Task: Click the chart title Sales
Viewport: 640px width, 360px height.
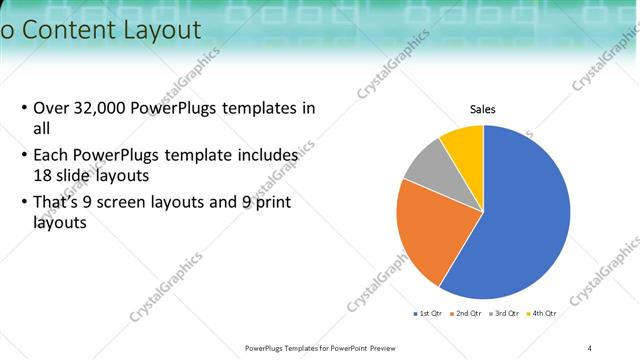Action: tap(483, 110)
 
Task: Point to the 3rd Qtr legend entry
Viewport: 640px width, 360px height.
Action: tap(503, 314)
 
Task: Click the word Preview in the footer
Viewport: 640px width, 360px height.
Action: tap(383, 348)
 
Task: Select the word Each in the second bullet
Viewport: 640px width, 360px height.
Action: tap(51, 157)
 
